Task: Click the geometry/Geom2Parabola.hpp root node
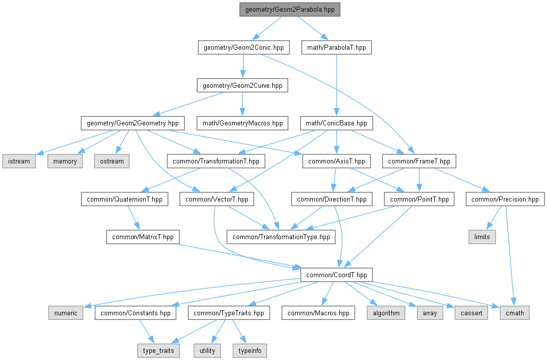[x=289, y=10]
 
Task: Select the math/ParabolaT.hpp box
[x=337, y=47]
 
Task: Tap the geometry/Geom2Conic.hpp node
[x=243, y=47]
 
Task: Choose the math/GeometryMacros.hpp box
[x=242, y=123]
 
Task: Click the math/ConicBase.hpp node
[x=336, y=123]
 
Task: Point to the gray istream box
[x=19, y=161]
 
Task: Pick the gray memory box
[x=65, y=161]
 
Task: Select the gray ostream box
[x=112, y=161]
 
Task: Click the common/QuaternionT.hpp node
[x=124, y=199]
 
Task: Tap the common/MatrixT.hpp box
[x=143, y=237]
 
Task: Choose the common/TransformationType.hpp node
[x=281, y=237]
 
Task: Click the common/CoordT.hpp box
[x=337, y=275]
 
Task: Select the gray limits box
[x=482, y=237]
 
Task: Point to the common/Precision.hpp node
[x=505, y=199]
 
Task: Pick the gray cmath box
[x=515, y=313]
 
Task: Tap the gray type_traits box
[x=158, y=350]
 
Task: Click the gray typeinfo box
[x=250, y=350]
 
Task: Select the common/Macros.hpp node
[x=318, y=313]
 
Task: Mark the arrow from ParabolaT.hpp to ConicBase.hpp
[x=337, y=85]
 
